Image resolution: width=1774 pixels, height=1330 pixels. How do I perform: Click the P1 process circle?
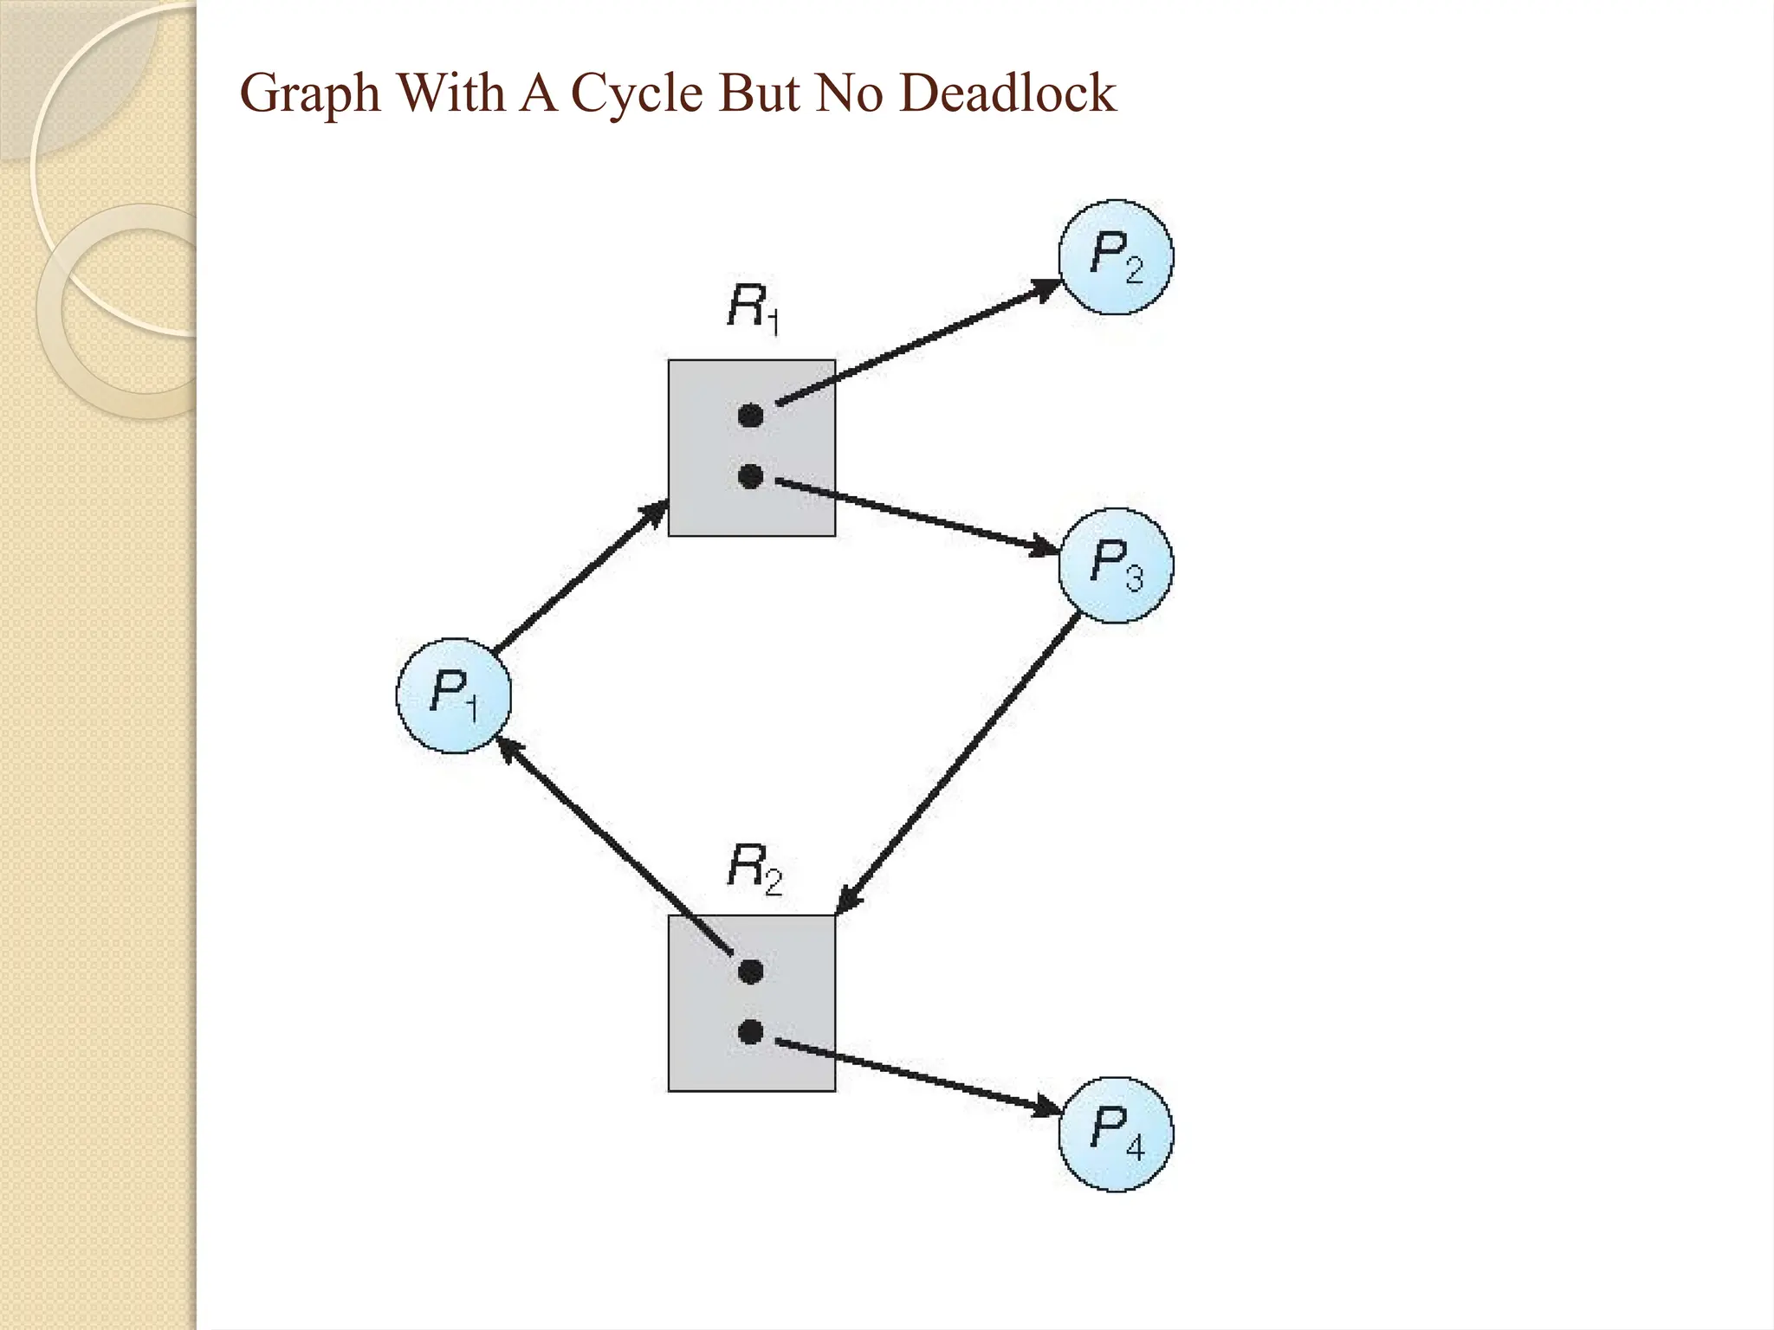coord(454,695)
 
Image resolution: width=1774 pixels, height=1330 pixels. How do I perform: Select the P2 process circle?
coord(1116,257)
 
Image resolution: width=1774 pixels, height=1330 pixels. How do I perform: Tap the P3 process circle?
coord(1116,565)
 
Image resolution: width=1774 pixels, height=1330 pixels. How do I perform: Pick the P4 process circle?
coord(1116,1133)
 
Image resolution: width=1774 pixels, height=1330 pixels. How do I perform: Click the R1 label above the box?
coord(753,308)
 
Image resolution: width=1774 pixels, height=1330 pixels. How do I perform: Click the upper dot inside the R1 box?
coord(750,416)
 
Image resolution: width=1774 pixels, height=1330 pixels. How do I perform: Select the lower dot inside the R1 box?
coord(750,475)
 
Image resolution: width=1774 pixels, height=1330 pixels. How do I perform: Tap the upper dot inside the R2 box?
coord(750,972)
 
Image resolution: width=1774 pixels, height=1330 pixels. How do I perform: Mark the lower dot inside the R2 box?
coord(750,1032)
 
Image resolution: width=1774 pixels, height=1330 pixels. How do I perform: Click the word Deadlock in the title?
coord(1008,94)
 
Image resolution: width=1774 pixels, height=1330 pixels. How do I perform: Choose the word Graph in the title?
coord(310,94)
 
